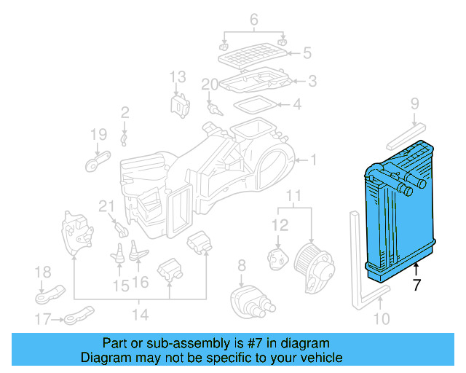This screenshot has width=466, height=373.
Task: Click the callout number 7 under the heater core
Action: click(x=416, y=285)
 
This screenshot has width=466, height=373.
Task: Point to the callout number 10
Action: click(x=382, y=318)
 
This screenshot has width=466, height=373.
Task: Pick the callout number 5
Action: click(x=307, y=52)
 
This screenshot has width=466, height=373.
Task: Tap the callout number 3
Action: click(x=312, y=81)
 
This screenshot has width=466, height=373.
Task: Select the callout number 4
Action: click(x=297, y=105)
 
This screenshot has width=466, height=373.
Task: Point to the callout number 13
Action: click(x=178, y=76)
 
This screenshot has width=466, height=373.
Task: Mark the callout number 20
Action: click(x=210, y=85)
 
